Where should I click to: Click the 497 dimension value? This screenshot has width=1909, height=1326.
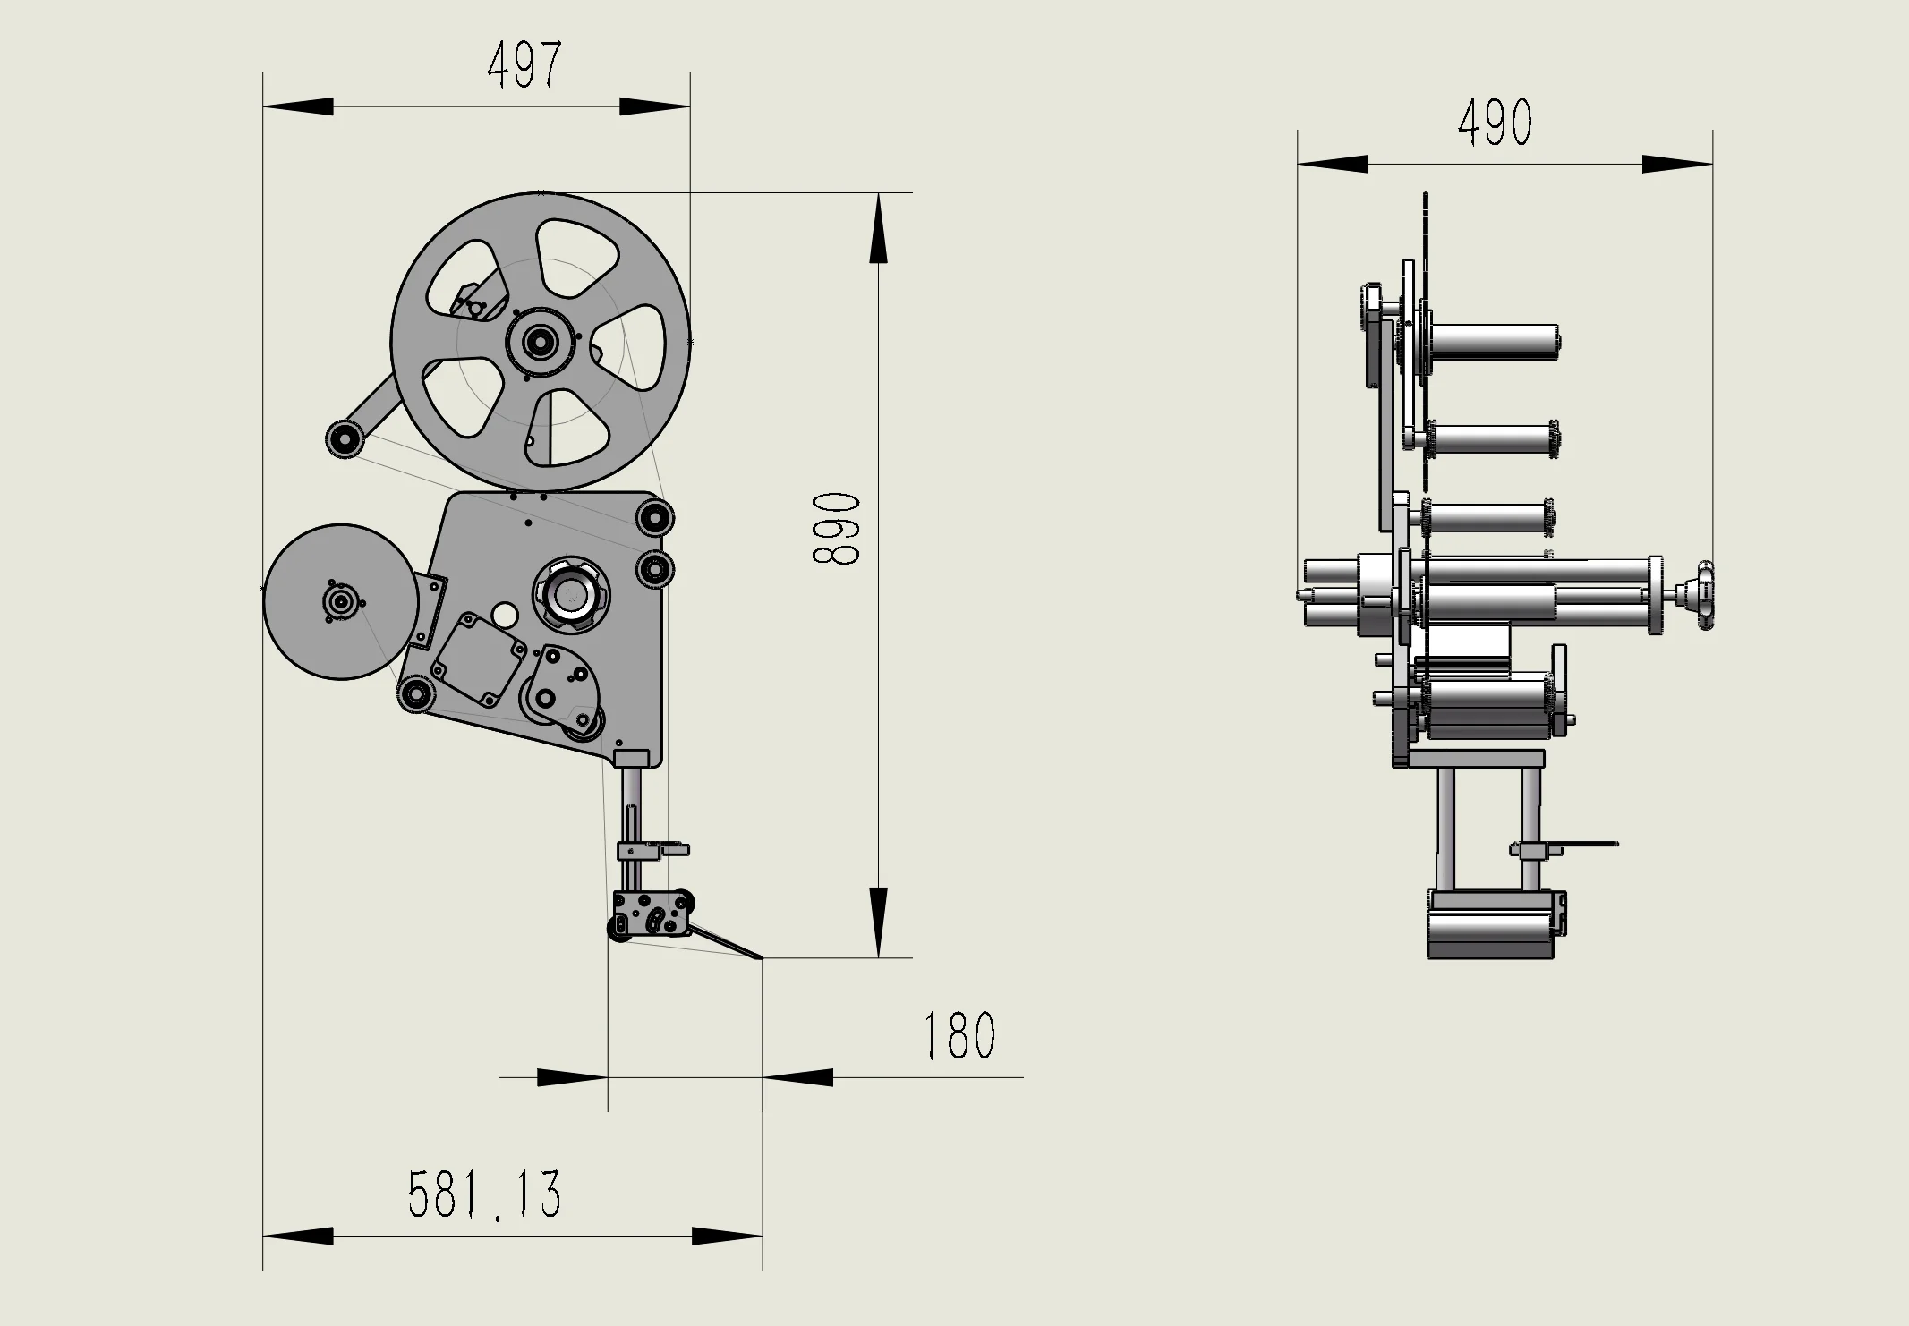525,65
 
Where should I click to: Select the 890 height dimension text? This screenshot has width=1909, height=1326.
836,528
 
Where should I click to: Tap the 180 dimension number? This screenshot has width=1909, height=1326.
959,1035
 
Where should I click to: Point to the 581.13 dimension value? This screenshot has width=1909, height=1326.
485,1194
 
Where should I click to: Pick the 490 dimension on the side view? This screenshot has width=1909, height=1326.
1495,123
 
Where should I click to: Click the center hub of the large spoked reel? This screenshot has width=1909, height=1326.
540,341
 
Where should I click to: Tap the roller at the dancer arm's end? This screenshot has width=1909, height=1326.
344,439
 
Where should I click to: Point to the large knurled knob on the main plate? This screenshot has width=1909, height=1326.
571,592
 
